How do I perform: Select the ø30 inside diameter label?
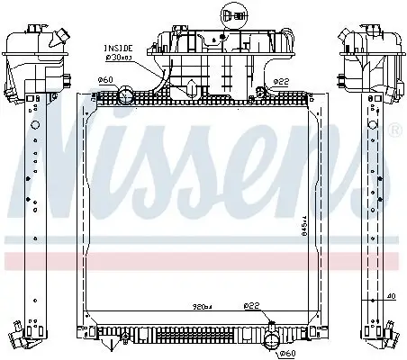coord(118,57)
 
